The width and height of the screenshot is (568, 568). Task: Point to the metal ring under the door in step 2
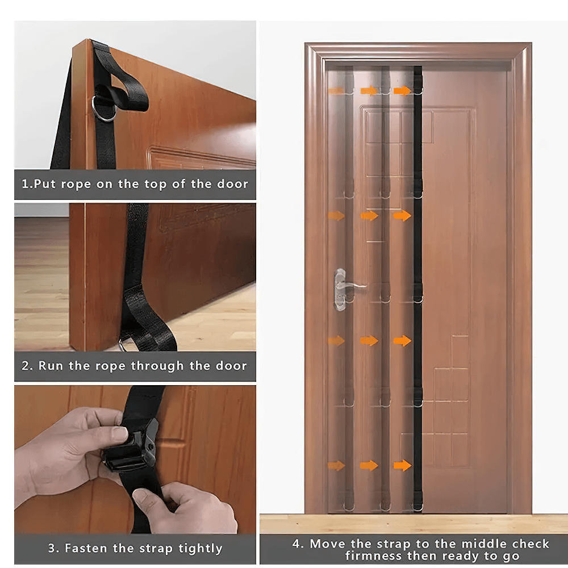pos(126,344)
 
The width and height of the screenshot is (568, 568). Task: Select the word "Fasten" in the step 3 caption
pos(84,548)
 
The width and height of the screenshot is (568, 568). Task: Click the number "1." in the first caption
pos(26,184)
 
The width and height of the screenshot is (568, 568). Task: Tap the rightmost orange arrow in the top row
pos(402,90)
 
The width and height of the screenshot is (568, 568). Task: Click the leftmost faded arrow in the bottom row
pos(336,466)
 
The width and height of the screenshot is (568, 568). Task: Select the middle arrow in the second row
pos(369,215)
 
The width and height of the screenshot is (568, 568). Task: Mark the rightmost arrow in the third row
pos(402,340)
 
